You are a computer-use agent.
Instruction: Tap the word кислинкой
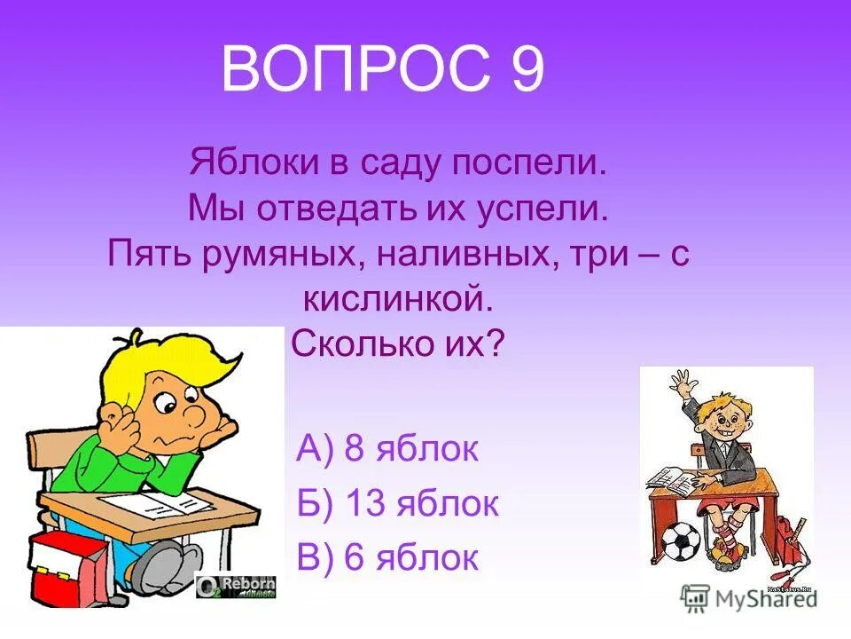coord(396,298)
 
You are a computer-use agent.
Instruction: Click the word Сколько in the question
coord(355,343)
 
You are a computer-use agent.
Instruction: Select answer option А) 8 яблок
coord(387,450)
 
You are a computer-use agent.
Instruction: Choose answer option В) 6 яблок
coord(387,557)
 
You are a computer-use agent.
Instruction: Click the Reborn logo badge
coord(236,586)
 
